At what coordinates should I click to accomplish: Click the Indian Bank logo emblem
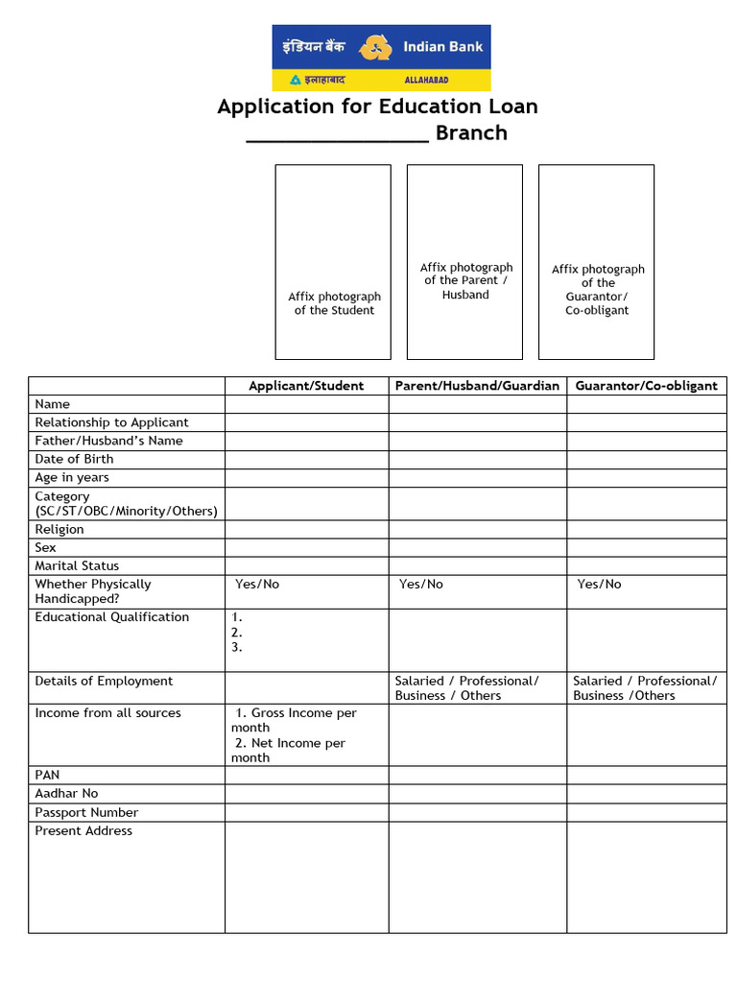point(375,47)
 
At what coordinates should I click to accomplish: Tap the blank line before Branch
point(337,134)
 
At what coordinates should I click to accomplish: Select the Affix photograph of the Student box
point(333,261)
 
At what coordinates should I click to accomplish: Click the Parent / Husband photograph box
point(464,261)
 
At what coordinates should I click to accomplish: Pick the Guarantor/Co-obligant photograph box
point(596,261)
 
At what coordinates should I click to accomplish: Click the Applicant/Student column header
point(306,386)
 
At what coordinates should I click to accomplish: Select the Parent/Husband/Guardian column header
point(477,386)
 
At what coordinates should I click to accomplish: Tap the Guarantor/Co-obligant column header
point(646,386)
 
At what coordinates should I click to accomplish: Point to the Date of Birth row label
point(74,459)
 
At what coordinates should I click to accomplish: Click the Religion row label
point(59,529)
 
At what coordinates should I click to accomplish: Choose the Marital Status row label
point(77,565)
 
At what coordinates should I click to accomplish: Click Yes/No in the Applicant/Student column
point(257,584)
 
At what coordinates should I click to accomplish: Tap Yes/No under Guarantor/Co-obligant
point(599,584)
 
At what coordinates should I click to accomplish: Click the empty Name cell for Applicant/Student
point(306,404)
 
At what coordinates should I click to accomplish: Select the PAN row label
point(47,775)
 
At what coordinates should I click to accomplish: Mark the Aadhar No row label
point(66,793)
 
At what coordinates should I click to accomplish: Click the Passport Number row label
point(86,812)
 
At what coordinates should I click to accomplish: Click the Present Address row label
point(83,830)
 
